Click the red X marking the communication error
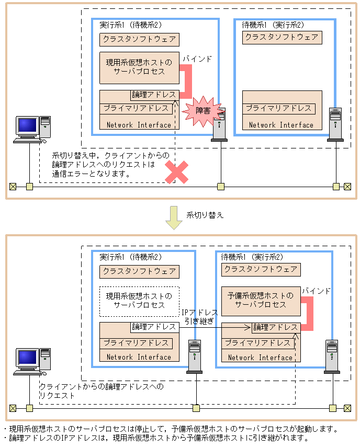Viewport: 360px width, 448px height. point(177,173)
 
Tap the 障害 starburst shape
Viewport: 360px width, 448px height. point(203,111)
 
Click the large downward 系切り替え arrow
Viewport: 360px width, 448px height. point(173,217)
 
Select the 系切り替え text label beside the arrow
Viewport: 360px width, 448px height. point(205,215)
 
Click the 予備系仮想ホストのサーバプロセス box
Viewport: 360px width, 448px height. point(261,300)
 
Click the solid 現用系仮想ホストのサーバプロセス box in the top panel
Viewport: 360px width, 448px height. point(139,67)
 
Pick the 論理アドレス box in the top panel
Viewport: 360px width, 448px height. point(154,95)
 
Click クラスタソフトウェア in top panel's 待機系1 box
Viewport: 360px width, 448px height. point(282,37)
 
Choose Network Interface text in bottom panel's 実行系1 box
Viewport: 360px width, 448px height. point(139,357)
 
